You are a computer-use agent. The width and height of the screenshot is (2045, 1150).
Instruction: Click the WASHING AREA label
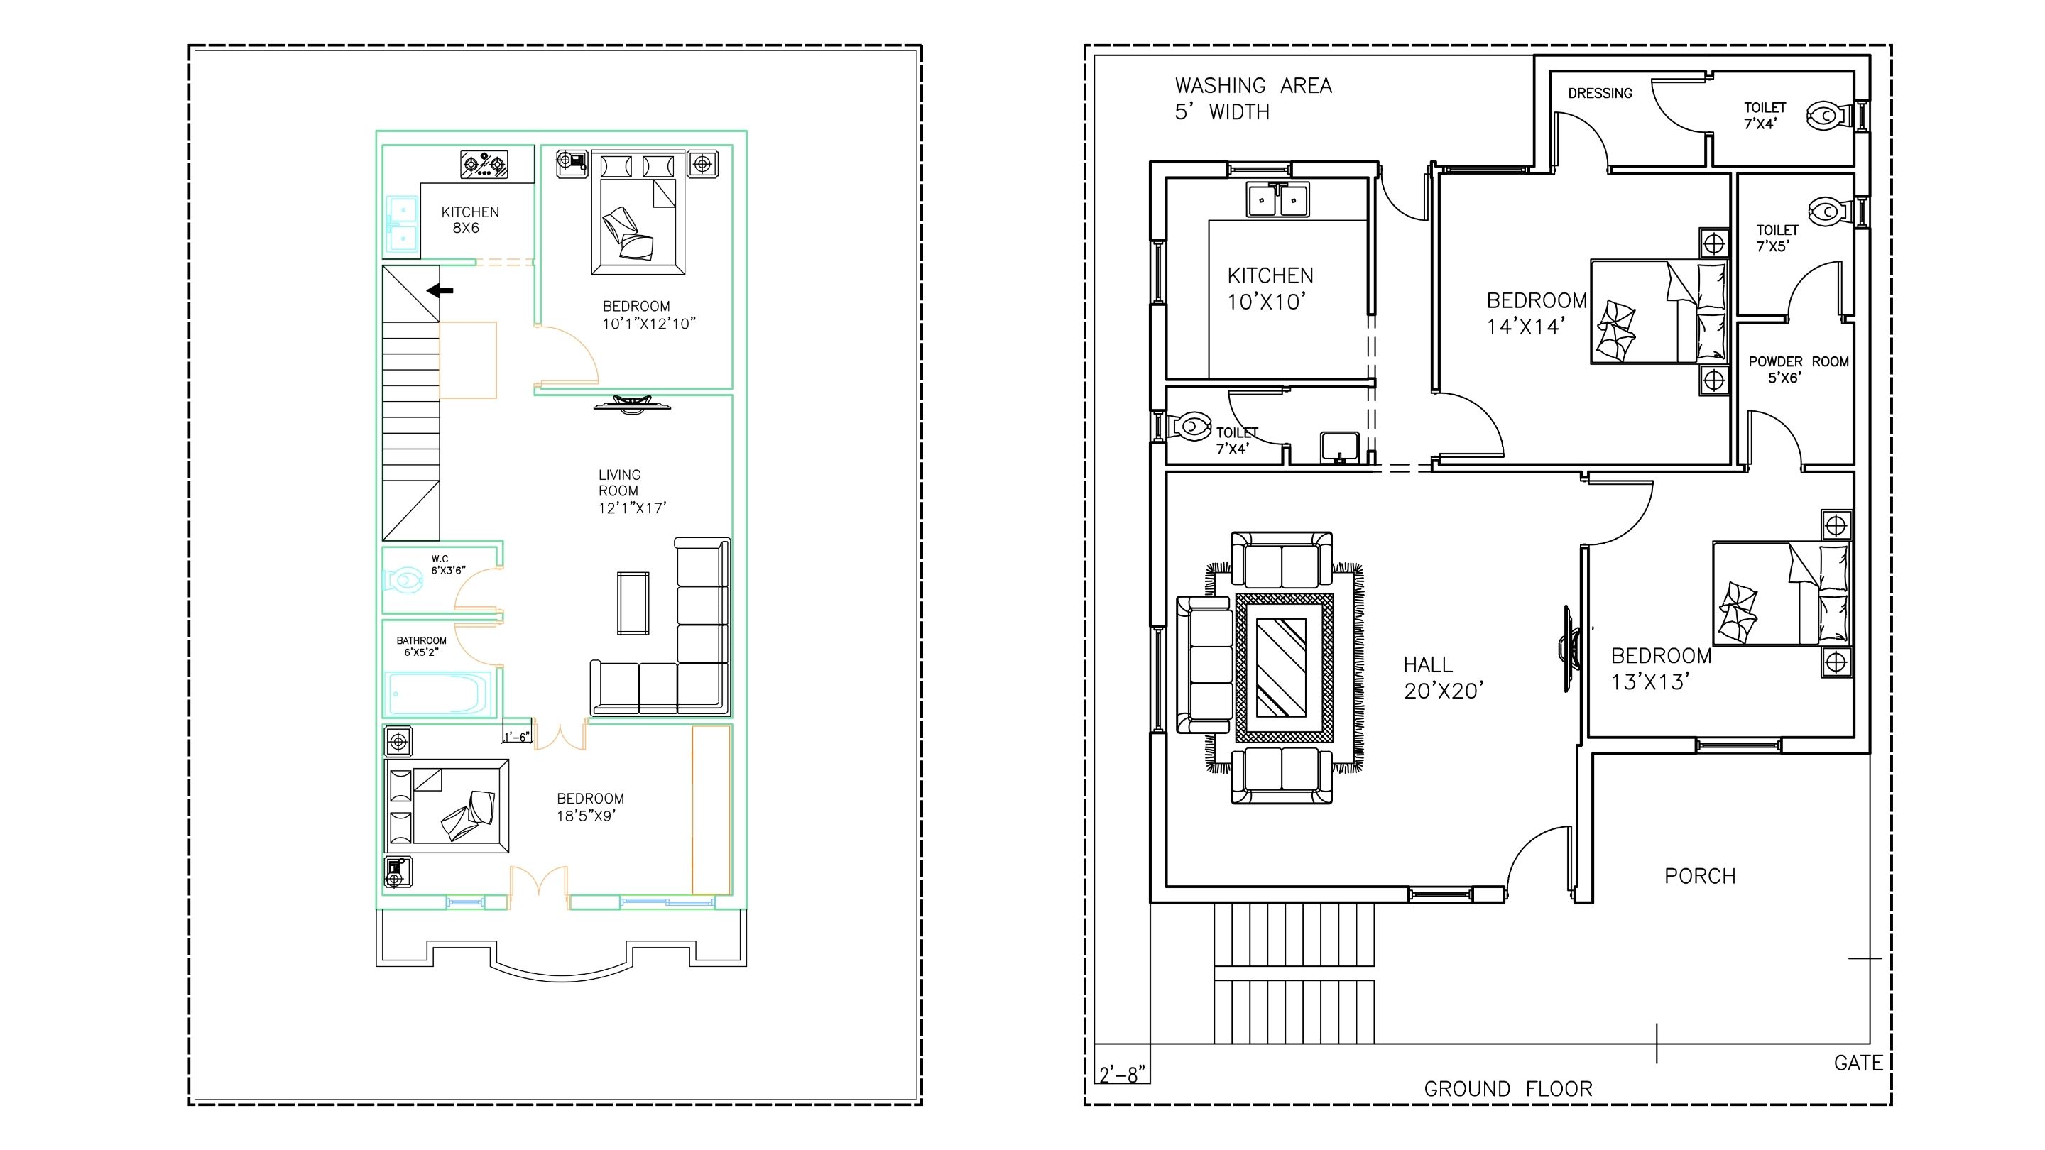click(1253, 86)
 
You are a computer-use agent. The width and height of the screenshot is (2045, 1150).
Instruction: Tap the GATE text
click(1858, 1063)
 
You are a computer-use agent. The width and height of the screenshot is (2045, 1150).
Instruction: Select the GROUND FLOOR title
click(1508, 1089)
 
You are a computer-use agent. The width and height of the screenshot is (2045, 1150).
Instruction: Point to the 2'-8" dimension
click(1123, 1075)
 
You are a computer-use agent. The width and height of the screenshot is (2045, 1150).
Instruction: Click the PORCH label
click(1701, 876)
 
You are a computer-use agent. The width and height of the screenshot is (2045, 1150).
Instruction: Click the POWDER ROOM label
click(1798, 369)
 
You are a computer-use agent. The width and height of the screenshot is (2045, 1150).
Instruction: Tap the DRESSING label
click(1600, 93)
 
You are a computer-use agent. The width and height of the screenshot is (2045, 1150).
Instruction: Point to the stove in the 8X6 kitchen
click(484, 164)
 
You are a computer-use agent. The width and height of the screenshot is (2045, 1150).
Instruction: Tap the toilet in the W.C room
click(404, 580)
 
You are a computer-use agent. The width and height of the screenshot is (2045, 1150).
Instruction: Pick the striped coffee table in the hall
click(1284, 667)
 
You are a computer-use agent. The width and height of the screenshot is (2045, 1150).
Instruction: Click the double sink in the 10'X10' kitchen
click(1277, 199)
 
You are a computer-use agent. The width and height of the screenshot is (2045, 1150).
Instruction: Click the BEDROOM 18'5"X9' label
click(590, 807)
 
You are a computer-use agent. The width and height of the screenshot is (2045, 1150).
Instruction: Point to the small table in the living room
click(633, 603)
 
